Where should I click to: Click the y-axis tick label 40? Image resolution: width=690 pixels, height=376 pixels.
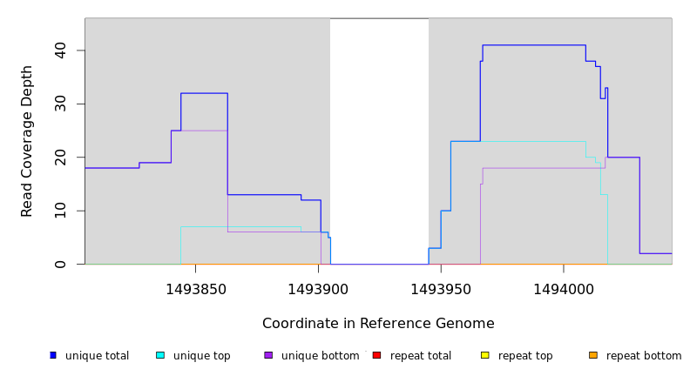pyautogui.click(x=59, y=50)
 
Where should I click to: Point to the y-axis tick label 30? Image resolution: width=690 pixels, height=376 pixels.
pyautogui.click(x=59, y=104)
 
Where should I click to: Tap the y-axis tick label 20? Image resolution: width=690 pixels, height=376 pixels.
pyautogui.click(x=59, y=158)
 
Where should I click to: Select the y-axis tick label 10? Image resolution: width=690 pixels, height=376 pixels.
pyautogui.click(x=59, y=211)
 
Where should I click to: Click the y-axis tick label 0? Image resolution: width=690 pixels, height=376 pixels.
pyautogui.click(x=59, y=264)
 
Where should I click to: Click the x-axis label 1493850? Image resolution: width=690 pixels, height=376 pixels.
pyautogui.click(x=195, y=289)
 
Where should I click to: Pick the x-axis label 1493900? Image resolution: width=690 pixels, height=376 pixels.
pyautogui.click(x=318, y=289)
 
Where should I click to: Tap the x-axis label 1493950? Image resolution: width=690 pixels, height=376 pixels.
pyautogui.click(x=441, y=289)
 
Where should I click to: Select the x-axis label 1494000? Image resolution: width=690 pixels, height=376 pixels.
pyautogui.click(x=563, y=289)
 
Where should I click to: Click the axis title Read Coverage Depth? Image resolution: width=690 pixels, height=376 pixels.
pyautogui.click(x=27, y=141)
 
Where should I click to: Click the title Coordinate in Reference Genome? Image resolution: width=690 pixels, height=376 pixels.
pyautogui.click(x=378, y=324)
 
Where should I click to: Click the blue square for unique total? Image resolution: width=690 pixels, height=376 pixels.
pyautogui.click(x=53, y=355)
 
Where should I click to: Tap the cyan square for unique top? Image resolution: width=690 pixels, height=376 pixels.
pyautogui.click(x=160, y=355)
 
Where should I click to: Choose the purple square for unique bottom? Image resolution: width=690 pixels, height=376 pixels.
pyautogui.click(x=268, y=355)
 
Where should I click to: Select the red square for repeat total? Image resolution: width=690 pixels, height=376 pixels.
pyautogui.click(x=376, y=355)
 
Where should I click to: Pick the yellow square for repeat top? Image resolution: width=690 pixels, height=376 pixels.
pyautogui.click(x=485, y=355)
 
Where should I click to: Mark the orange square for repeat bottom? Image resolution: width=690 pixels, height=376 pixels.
pyautogui.click(x=593, y=355)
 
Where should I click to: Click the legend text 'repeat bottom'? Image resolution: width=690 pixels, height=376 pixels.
pyautogui.click(x=644, y=356)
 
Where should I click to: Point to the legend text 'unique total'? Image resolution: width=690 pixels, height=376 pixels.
pyautogui.click(x=97, y=356)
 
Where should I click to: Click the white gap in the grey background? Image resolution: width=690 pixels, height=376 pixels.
pyautogui.click(x=379, y=139)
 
